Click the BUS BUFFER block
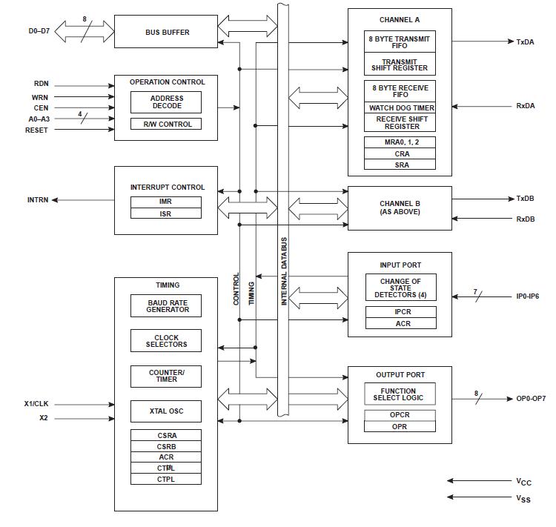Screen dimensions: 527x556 coord(167,33)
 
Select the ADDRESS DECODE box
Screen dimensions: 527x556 coord(167,102)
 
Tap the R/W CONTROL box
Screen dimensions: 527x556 coord(167,125)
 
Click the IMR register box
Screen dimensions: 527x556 coord(166,202)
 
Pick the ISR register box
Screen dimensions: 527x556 coord(166,213)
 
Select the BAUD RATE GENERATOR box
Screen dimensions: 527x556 coord(167,305)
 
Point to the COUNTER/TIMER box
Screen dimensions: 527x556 coord(167,376)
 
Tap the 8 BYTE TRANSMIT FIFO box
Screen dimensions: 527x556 coord(400,42)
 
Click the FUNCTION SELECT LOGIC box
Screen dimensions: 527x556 coord(399,394)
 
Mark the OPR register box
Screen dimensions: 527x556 coord(399,426)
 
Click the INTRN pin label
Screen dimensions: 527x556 coord(38,200)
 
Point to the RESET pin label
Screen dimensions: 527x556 coord(36,130)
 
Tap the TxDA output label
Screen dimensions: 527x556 coord(525,42)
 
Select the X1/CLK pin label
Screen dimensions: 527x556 coord(36,404)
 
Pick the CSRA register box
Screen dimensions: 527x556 coord(167,435)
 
